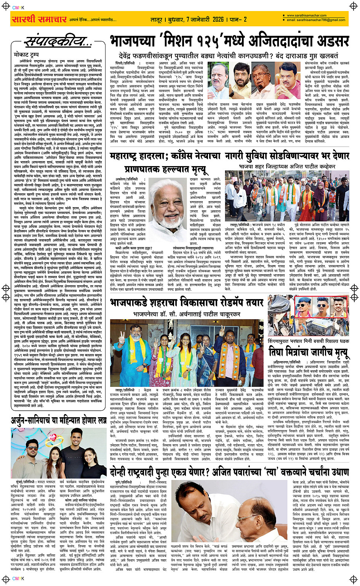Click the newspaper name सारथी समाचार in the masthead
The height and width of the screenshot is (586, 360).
point(40,19)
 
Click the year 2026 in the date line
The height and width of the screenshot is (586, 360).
point(218,19)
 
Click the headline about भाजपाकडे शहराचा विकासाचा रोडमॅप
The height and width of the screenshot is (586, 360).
point(187,303)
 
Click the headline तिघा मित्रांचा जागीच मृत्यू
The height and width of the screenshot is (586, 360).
point(308,351)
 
